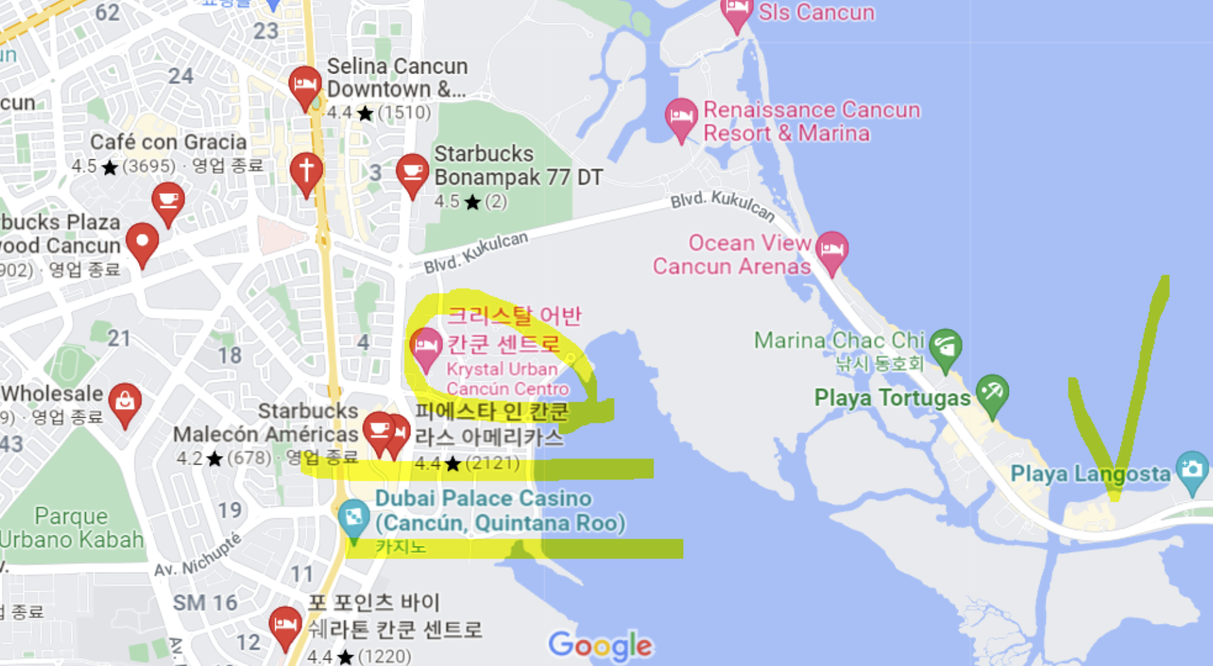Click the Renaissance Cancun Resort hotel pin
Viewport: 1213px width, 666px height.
point(681,118)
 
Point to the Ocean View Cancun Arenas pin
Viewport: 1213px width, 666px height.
point(831,250)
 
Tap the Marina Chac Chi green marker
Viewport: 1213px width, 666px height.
point(945,347)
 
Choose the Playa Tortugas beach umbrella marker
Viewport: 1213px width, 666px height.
point(992,393)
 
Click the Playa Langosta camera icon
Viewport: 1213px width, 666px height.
point(1192,470)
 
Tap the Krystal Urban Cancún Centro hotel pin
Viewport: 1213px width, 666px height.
point(426,347)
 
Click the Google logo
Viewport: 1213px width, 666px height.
point(600,646)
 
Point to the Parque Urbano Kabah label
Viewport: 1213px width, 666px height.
point(72,528)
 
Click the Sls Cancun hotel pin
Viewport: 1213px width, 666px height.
point(736,13)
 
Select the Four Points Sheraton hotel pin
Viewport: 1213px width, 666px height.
point(285,625)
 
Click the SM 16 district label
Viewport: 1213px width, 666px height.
point(205,603)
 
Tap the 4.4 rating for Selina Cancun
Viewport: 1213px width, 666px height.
point(339,113)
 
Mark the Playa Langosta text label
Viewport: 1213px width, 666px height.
point(1089,474)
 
